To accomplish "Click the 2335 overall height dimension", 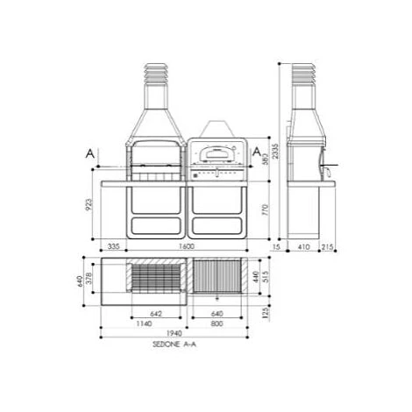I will point(274,153).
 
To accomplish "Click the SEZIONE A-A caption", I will point(172,345).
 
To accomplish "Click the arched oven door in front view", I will point(215,156).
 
